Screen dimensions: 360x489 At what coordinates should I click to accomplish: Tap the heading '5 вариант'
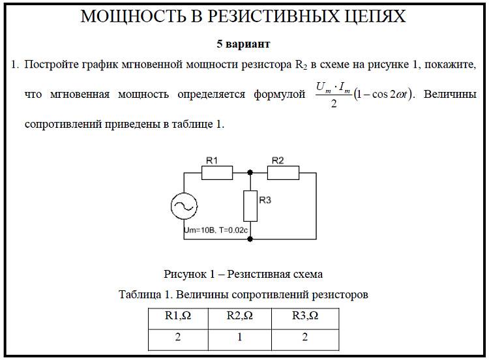(x=243, y=44)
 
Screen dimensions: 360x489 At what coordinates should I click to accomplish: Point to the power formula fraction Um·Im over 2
(x=333, y=95)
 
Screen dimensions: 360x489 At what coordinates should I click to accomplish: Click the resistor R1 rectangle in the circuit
(x=217, y=172)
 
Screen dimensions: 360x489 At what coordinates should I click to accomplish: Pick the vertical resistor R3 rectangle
(x=250, y=205)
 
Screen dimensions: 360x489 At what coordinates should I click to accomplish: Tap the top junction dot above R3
(x=250, y=172)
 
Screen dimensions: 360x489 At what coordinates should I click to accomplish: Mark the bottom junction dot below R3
(x=250, y=239)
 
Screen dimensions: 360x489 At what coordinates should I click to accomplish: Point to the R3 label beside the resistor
(x=265, y=200)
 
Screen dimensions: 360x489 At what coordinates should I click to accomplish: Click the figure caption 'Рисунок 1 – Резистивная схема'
(x=243, y=274)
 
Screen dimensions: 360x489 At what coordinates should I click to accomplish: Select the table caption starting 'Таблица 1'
(x=243, y=294)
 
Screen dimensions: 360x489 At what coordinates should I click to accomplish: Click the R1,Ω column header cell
(x=177, y=316)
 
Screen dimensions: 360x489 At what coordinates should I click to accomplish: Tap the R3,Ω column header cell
(x=304, y=316)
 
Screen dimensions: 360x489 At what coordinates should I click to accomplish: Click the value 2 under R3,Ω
(x=304, y=338)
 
